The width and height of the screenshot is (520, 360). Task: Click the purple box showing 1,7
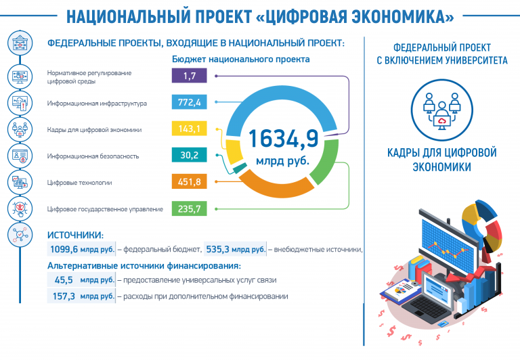[x=189, y=76]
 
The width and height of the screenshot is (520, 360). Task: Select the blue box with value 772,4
[x=189, y=102]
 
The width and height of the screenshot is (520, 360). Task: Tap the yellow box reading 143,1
[x=189, y=129]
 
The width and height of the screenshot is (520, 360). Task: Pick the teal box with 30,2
[x=189, y=155]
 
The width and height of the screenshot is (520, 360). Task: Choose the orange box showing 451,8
[x=189, y=181]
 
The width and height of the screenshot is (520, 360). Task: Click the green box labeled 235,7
[x=189, y=209]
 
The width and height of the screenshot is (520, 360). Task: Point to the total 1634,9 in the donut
[x=283, y=138]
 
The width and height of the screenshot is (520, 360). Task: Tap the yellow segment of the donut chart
[x=234, y=152]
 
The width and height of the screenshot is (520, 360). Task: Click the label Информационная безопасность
[x=93, y=156]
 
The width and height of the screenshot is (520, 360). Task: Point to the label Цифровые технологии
[x=79, y=183]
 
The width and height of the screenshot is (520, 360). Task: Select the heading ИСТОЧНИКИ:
[x=75, y=235]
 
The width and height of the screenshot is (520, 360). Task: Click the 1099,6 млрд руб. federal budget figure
[x=82, y=249]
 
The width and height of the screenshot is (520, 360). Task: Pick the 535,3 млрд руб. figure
[x=236, y=249]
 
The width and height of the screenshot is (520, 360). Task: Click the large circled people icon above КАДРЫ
[x=441, y=110]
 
